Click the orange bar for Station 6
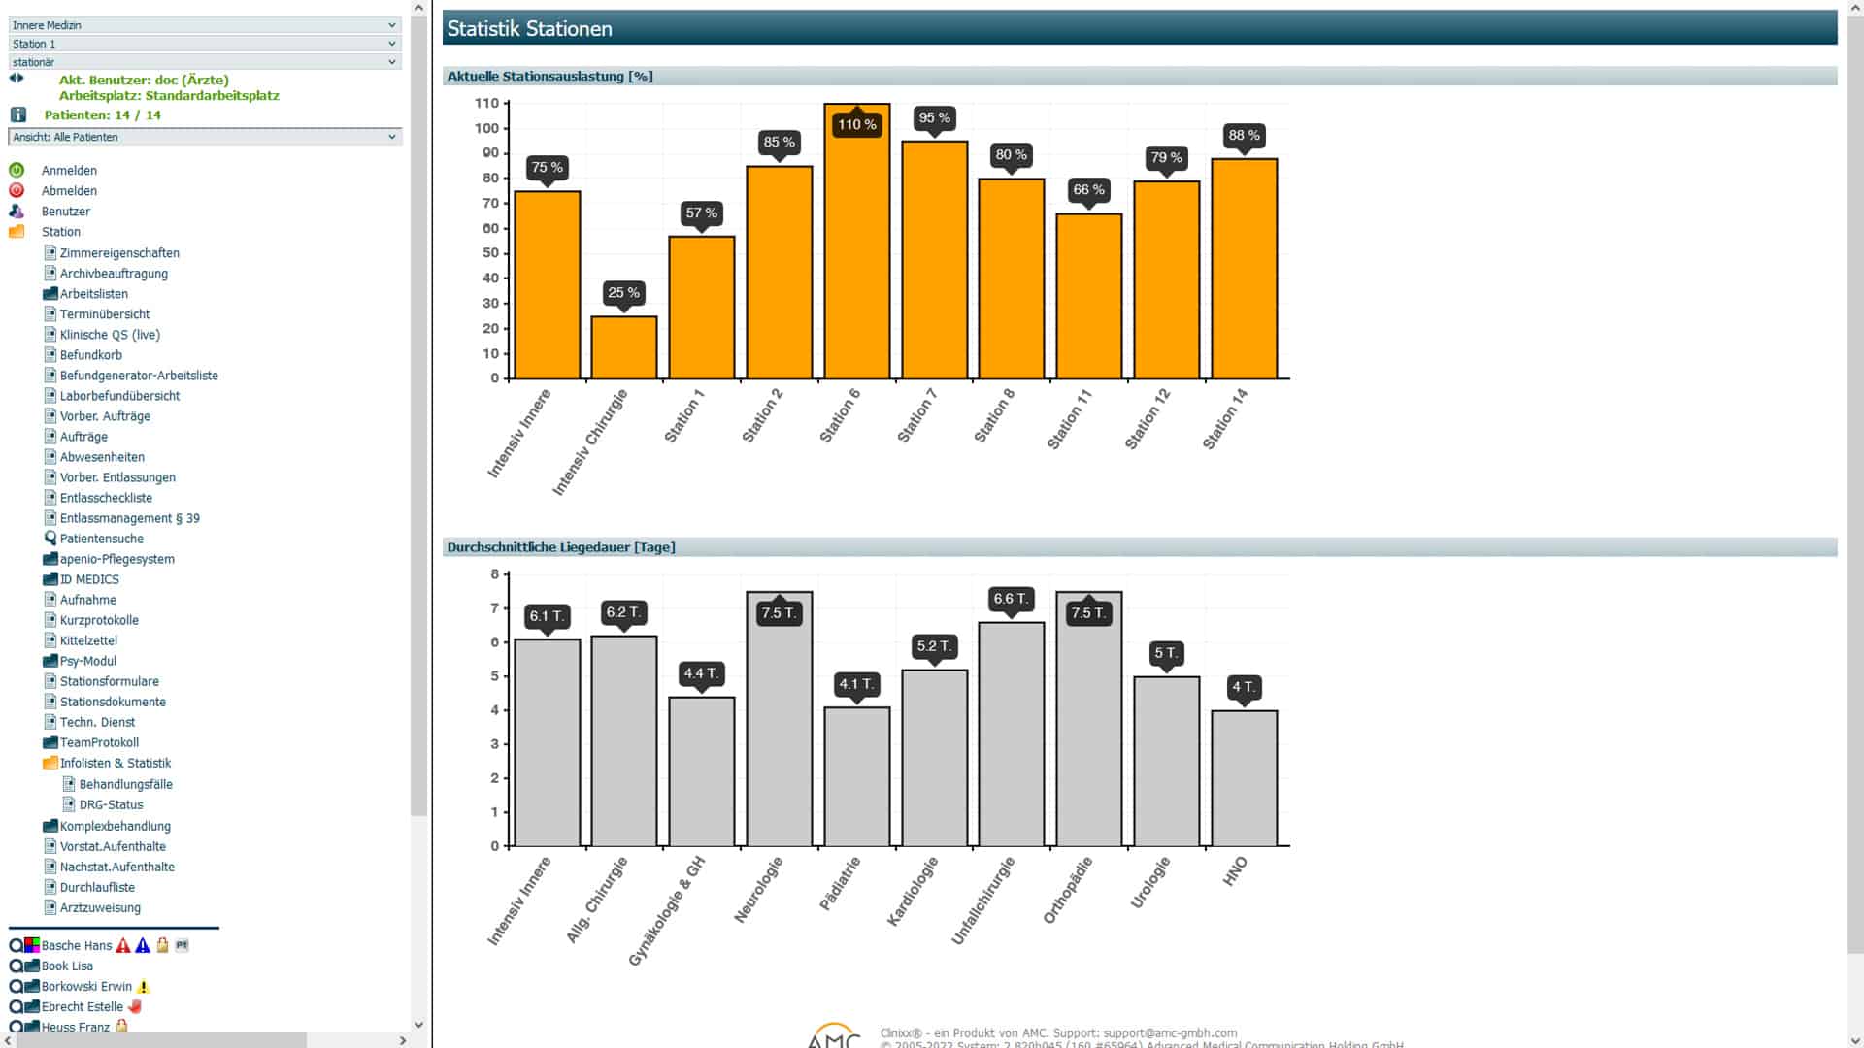[x=856, y=252]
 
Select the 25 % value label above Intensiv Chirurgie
[x=623, y=292]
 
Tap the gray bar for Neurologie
[x=779, y=728]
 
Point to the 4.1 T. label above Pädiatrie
[x=856, y=684]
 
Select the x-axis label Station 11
[x=1069, y=419]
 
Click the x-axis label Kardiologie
[x=913, y=891]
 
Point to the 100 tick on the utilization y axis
[x=486, y=128]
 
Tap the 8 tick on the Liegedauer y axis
[x=494, y=574]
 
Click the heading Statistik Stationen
[x=529, y=29]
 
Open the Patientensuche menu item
[x=101, y=539]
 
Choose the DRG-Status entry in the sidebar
[x=111, y=804]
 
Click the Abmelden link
[x=69, y=191]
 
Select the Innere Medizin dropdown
[x=204, y=25]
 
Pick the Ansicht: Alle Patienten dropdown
[x=204, y=137]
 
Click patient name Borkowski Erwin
[x=86, y=986]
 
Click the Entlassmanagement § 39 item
[x=129, y=518]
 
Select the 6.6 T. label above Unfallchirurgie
[x=1011, y=599]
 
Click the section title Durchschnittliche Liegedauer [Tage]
[x=561, y=547]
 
